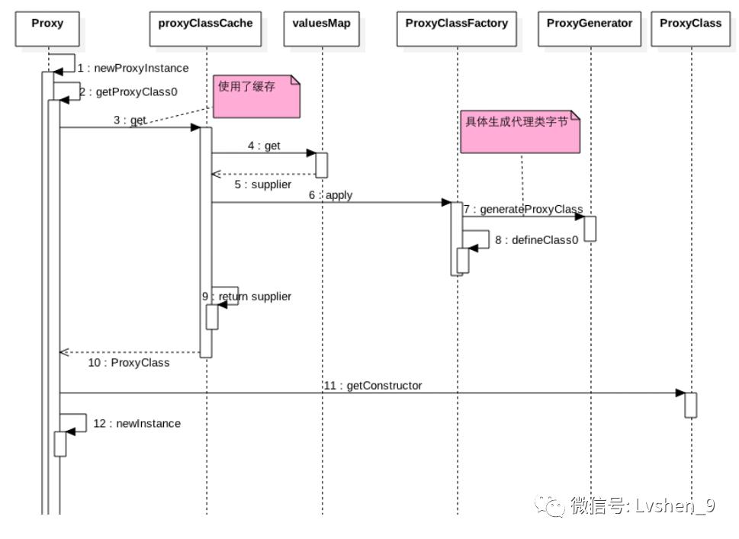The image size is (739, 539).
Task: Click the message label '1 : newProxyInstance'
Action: tap(133, 68)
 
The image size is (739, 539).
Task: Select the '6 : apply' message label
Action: tap(330, 195)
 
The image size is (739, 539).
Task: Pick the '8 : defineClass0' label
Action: tap(536, 239)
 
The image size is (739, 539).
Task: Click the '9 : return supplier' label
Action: tap(246, 297)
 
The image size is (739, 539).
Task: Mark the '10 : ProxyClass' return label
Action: tap(128, 363)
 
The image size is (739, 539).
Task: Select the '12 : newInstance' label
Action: tap(137, 423)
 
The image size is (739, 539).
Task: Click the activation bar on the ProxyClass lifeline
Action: tap(690, 405)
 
